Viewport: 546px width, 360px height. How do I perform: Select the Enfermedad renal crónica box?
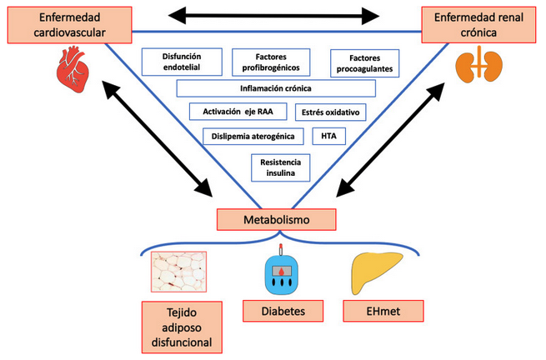[x=478, y=24]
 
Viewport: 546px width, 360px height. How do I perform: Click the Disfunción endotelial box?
[x=183, y=61]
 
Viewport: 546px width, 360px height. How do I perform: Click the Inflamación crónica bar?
[x=276, y=88]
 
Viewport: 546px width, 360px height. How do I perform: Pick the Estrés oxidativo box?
[x=330, y=112]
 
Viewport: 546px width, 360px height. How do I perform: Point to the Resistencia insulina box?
[x=280, y=167]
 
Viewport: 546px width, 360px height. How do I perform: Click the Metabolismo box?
[x=277, y=219]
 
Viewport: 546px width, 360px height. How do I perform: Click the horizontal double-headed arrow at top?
[x=273, y=14]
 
